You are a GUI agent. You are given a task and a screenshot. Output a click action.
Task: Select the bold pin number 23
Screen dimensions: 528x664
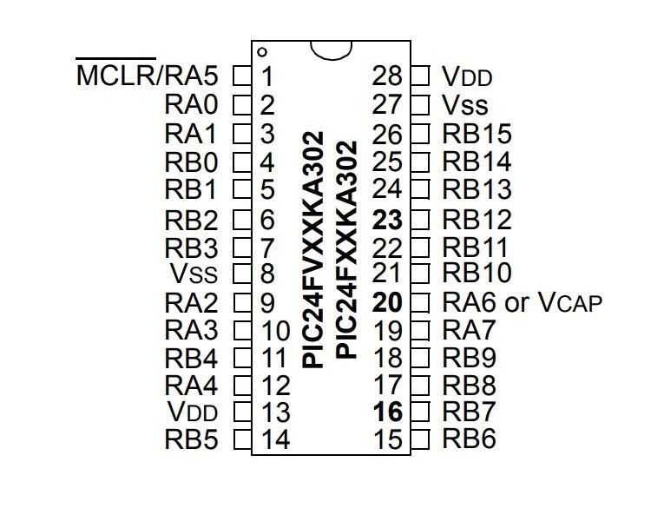(x=388, y=219)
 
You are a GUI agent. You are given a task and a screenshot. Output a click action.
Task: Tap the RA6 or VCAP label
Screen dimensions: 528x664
(x=522, y=303)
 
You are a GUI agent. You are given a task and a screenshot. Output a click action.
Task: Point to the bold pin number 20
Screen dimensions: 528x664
(x=388, y=303)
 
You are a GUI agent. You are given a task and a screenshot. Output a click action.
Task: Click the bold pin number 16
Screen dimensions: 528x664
(x=388, y=411)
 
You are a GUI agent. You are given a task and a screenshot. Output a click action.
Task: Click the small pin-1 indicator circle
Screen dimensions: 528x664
(x=262, y=52)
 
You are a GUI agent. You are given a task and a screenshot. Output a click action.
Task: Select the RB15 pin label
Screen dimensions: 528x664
(x=477, y=134)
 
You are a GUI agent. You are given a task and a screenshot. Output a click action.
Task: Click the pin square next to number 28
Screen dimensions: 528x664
(x=420, y=76)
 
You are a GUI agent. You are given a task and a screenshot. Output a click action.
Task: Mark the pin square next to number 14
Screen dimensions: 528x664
(x=242, y=439)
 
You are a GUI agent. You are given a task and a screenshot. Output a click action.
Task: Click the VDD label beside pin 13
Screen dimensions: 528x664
(x=193, y=411)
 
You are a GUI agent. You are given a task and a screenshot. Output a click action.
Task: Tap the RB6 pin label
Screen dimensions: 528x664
(x=469, y=439)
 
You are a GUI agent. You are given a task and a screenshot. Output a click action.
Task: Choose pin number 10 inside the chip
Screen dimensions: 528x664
(x=275, y=331)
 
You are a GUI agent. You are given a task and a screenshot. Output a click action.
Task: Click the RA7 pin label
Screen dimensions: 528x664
(x=469, y=330)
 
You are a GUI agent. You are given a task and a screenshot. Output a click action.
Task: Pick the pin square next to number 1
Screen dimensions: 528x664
(x=242, y=76)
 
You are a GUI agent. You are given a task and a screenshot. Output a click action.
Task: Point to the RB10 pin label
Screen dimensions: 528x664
(x=477, y=274)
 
